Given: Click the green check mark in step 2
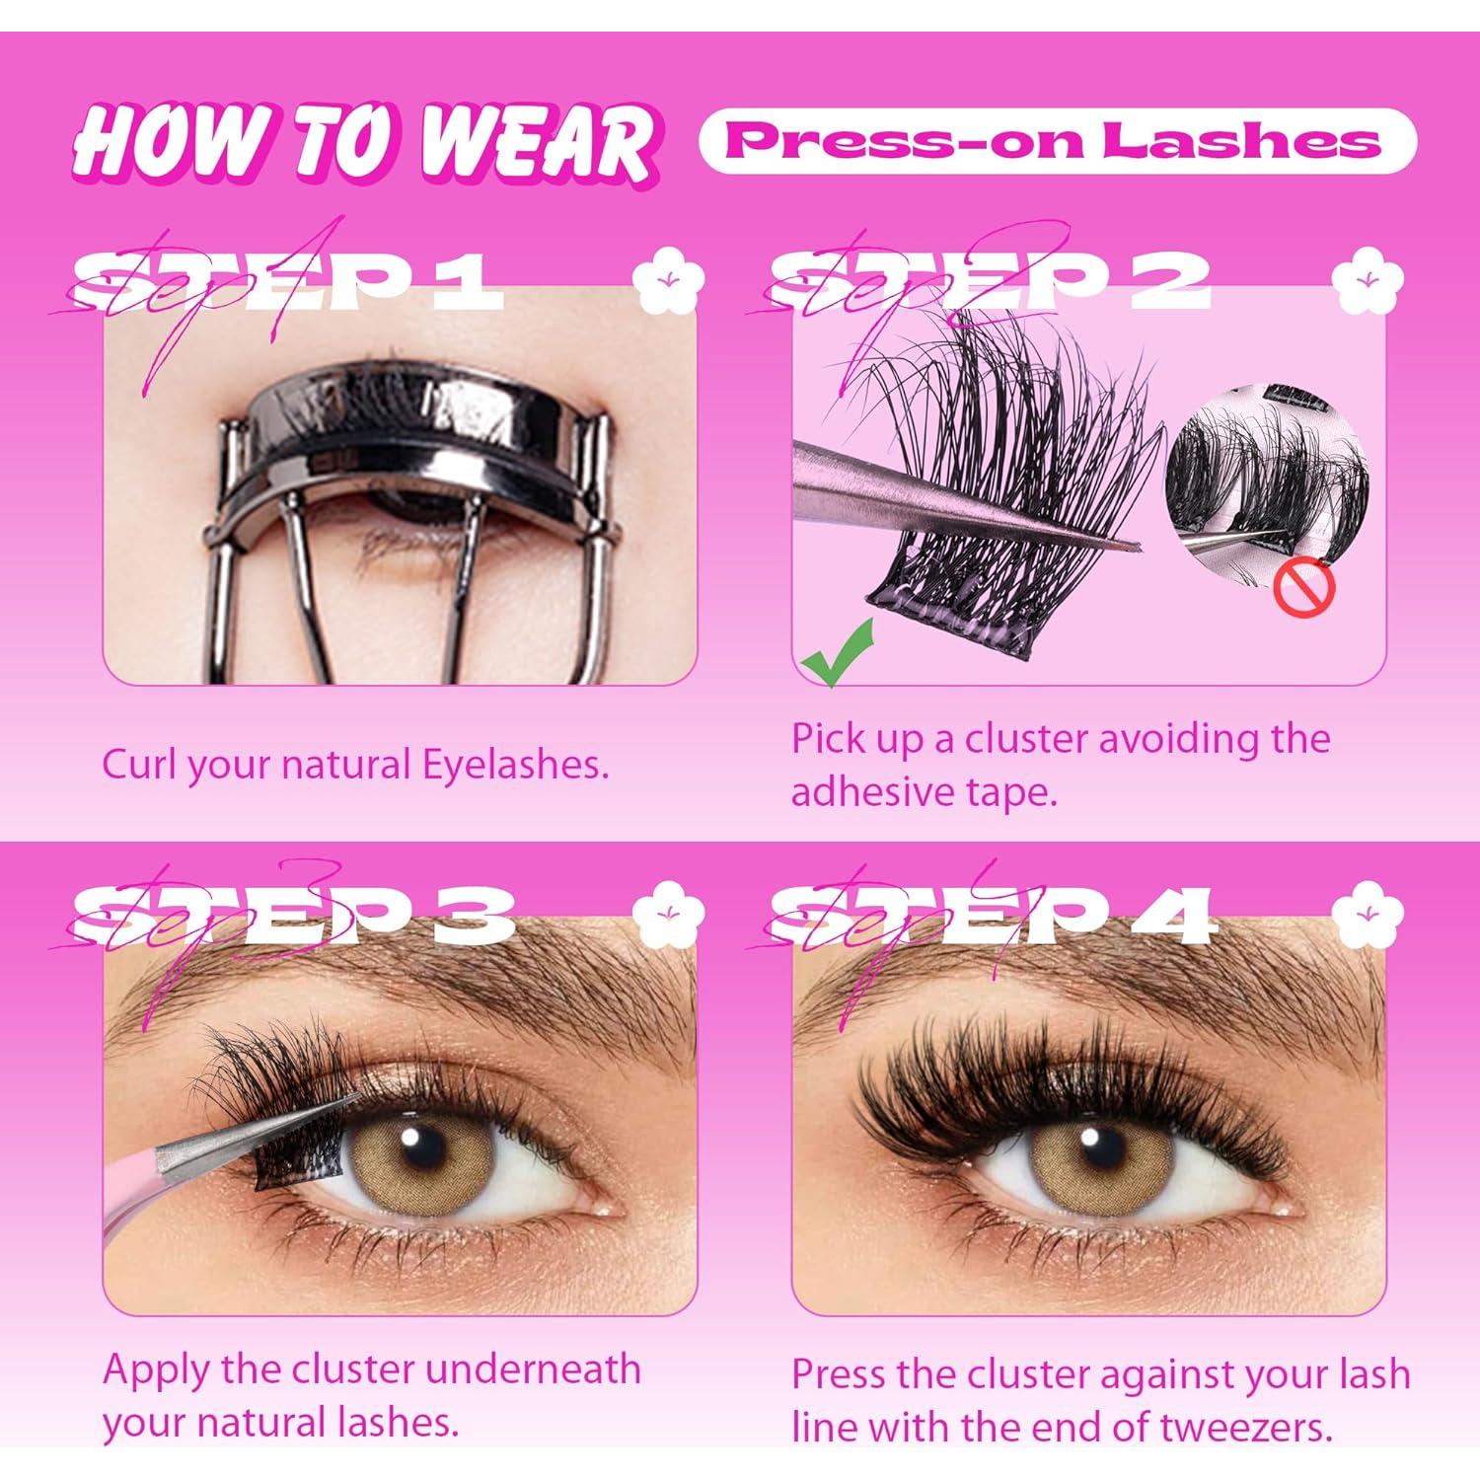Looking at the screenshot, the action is [835, 651].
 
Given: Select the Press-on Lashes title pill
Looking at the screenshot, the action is [1057, 141].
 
